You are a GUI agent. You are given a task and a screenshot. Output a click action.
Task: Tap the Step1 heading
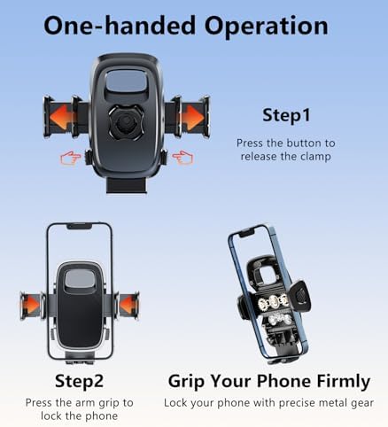pos(284,115)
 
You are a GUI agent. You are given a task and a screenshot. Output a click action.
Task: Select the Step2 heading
pos(80,382)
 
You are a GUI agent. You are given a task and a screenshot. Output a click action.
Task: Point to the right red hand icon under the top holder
pos(182,157)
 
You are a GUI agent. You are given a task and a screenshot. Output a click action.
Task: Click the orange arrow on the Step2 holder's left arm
pos(33,306)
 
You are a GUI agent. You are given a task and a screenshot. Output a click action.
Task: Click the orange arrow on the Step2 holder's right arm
pos(128,306)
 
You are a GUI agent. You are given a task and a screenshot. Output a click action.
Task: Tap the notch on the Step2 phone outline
pos(79,228)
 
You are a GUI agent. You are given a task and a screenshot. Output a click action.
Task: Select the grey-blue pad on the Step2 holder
pos(80,277)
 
